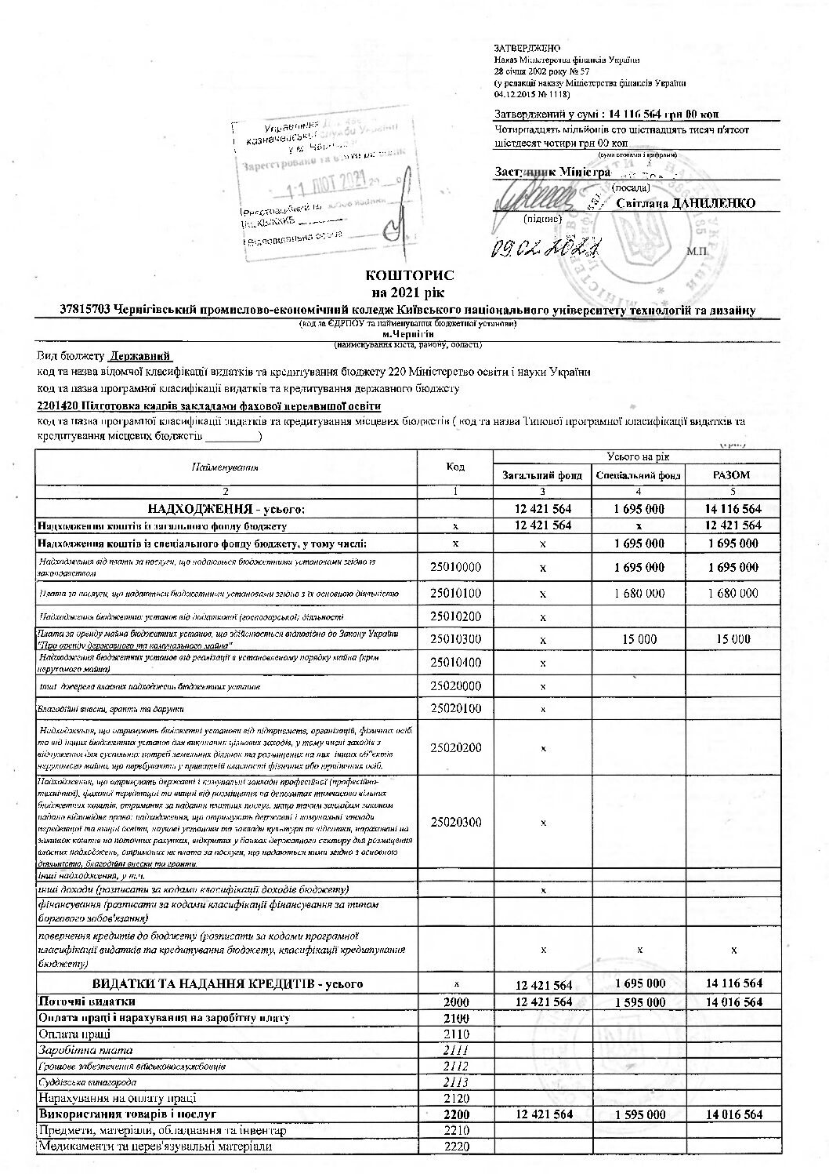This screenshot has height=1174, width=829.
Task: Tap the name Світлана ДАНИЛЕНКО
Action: click(686, 204)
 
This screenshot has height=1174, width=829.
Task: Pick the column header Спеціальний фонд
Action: click(639, 475)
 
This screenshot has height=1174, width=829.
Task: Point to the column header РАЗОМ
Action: click(733, 475)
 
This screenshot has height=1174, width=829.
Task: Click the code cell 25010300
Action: click(455, 639)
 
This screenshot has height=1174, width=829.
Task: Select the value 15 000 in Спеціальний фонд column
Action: click(639, 639)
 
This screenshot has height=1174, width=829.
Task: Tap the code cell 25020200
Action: click(455, 747)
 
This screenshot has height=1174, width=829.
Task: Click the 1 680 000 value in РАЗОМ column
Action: click(733, 594)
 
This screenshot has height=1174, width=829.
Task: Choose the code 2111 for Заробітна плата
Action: click(455, 1050)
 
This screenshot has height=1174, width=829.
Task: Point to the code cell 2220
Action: click(455, 1147)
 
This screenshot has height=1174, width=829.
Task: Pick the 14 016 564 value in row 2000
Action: click(733, 1001)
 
